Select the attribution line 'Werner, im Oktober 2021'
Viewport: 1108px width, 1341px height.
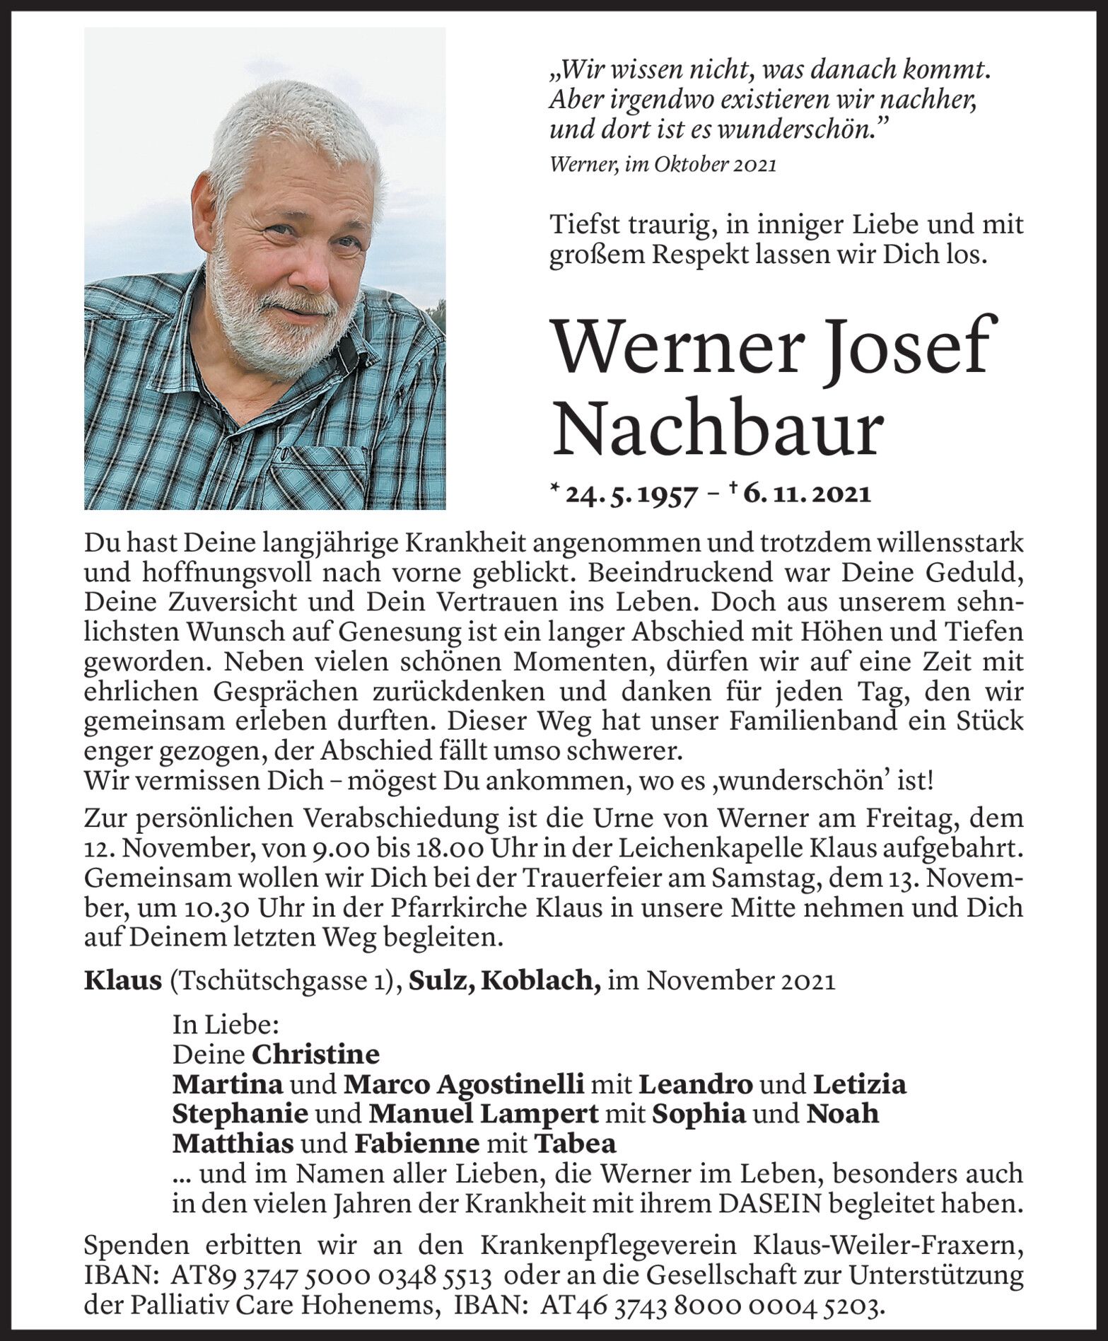pyautogui.click(x=663, y=165)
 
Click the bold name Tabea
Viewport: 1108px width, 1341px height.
pyautogui.click(x=575, y=1144)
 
